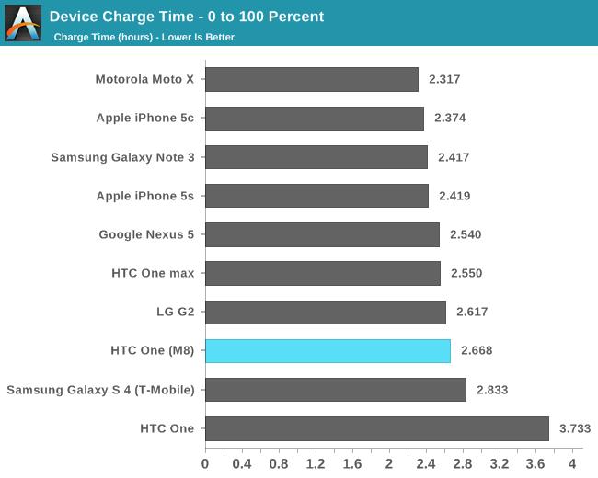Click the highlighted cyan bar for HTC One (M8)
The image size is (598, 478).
328,351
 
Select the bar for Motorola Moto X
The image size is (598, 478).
311,79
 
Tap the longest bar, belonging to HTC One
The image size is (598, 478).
376,428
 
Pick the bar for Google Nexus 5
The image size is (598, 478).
322,234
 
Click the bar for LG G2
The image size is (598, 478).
325,313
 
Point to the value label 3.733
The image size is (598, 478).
574,428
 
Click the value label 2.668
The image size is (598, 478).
477,351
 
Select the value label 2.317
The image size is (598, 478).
444,79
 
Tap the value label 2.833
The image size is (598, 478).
492,390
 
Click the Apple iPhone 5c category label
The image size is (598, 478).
145,118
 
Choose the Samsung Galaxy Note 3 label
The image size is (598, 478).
122,157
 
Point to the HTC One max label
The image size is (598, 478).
153,273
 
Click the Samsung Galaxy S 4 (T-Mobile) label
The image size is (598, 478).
100,390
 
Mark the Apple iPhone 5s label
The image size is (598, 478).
145,196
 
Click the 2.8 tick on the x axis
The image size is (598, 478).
462,463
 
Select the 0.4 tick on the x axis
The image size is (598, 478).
242,463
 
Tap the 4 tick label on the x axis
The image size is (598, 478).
572,463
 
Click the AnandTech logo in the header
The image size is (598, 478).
23,23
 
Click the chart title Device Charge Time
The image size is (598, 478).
186,17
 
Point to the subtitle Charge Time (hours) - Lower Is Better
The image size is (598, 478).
144,37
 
